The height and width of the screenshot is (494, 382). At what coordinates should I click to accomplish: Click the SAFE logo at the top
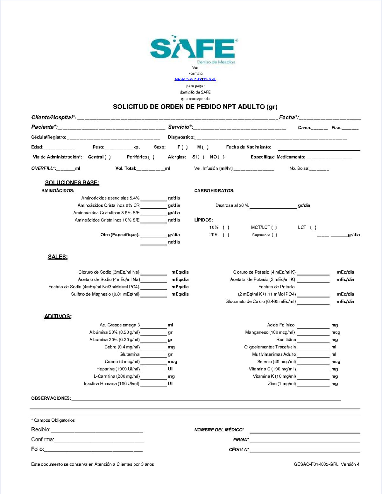(194, 49)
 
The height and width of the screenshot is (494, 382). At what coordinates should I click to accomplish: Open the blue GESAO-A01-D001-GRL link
(195, 79)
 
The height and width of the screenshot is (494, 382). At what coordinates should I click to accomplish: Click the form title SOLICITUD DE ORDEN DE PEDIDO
(195, 107)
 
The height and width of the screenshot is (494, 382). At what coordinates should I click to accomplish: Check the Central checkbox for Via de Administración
(108, 157)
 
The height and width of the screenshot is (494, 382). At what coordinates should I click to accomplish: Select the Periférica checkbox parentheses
(151, 157)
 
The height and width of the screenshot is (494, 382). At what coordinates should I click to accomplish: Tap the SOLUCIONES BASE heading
(72, 183)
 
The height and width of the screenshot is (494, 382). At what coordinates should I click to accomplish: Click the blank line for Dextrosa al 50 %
(273, 206)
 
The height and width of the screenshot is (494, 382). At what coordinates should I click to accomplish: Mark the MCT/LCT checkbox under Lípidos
(274, 227)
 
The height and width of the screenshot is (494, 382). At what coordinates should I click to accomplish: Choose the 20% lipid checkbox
(226, 235)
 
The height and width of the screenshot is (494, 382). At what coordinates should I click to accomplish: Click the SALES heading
(58, 257)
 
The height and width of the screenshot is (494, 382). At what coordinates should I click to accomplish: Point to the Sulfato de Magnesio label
(105, 294)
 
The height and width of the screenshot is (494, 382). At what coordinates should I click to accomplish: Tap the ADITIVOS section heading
(58, 316)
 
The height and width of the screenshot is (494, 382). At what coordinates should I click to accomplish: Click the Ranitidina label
(286, 340)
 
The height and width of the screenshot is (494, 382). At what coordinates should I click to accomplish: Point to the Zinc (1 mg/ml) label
(282, 384)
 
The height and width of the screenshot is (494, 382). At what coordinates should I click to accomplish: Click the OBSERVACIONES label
(51, 398)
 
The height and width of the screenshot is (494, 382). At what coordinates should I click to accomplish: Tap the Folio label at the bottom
(38, 449)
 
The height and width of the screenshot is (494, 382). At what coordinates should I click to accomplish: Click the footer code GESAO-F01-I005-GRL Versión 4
(327, 464)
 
